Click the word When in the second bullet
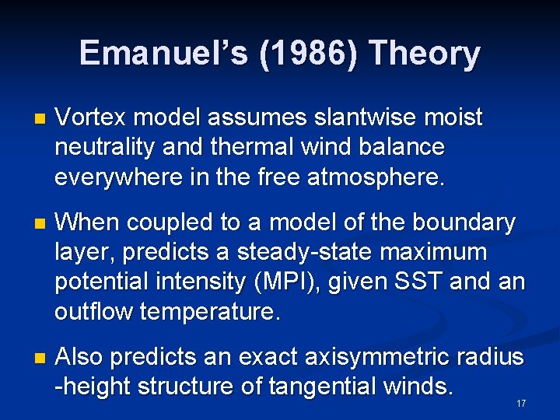89,223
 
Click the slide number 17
521,404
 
